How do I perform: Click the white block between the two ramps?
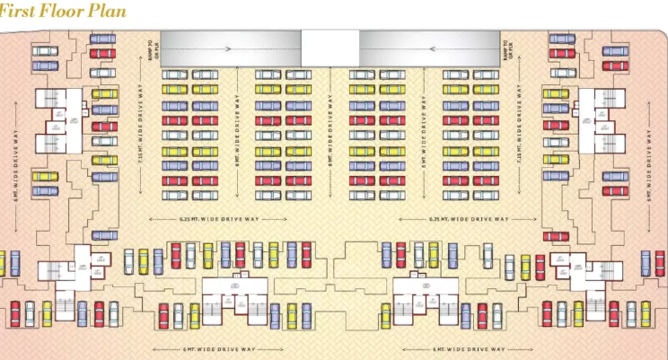tap(330, 48)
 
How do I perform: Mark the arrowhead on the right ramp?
tap(433, 48)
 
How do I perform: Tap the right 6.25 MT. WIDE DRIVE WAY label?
tap(469, 219)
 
